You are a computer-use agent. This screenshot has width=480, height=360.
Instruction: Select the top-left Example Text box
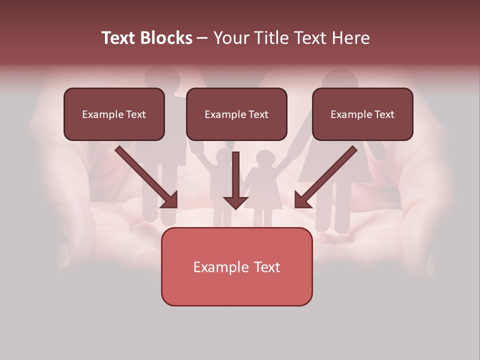[114, 114]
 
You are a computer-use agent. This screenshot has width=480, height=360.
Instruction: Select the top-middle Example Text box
[236, 114]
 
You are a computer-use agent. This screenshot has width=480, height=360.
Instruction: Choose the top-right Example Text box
[362, 114]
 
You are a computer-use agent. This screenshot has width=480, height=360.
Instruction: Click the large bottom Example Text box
[236, 266]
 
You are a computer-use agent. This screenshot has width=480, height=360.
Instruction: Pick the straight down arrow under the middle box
[235, 180]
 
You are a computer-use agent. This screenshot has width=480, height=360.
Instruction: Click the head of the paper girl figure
[263, 159]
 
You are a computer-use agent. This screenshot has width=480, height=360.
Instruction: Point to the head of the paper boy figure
[220, 158]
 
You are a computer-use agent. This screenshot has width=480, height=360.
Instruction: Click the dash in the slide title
[202, 38]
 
